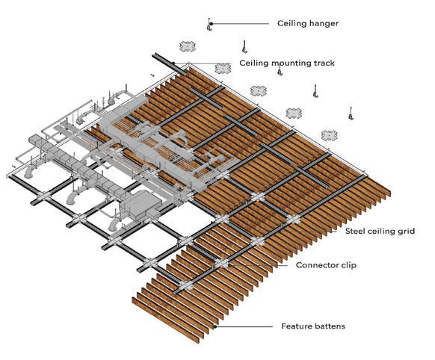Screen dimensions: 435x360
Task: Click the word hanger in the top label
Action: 323,24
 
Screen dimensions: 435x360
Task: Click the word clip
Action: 348,265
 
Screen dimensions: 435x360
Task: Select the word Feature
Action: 294,326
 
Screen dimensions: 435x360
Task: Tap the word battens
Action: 328,326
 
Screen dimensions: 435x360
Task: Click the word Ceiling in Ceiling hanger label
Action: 291,24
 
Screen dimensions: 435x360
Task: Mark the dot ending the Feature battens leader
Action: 215,326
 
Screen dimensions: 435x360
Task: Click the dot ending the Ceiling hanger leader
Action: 211,24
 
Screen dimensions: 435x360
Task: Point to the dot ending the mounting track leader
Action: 173,63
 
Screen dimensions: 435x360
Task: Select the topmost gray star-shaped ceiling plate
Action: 188,46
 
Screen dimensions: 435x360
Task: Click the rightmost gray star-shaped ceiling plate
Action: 330,135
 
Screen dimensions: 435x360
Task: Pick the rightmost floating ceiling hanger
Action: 351,113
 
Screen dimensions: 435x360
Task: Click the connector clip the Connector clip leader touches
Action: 222,264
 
